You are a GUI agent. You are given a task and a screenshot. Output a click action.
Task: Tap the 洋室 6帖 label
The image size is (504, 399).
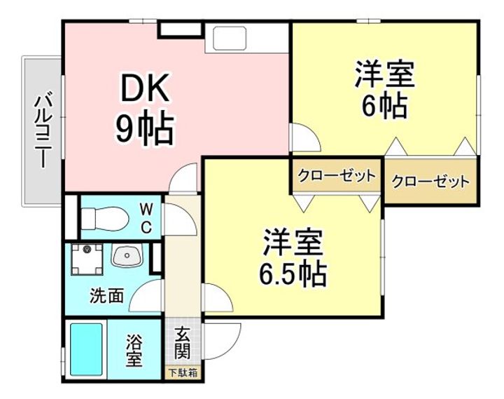click(384, 89)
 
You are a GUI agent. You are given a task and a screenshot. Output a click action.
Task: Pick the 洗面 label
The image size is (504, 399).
click(106, 295)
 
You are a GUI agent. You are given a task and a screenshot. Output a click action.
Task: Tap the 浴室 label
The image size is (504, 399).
click(134, 351)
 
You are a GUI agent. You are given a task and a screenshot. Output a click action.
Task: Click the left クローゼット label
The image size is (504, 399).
click(336, 175)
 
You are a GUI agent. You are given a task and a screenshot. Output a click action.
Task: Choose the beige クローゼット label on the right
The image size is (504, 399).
click(429, 182)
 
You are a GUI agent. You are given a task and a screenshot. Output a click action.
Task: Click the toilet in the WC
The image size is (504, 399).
click(103, 220)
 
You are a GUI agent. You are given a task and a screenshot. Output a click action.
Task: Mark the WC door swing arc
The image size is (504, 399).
click(181, 221)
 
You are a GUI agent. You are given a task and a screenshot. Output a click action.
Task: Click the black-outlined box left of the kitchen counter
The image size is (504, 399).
click(180, 29)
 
